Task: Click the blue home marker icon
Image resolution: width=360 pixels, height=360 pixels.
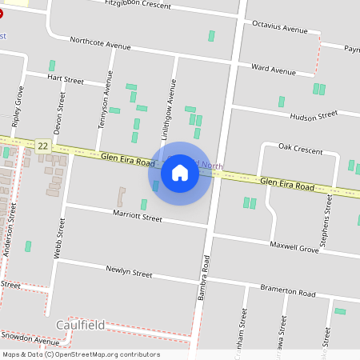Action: (180, 173)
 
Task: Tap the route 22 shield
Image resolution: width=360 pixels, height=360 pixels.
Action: (43, 146)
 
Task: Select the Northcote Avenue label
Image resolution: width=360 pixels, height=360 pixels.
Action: (100, 42)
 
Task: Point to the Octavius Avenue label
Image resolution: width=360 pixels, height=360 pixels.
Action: (279, 27)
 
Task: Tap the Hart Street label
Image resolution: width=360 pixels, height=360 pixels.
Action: (66, 80)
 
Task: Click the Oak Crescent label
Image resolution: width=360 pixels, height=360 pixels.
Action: (300, 150)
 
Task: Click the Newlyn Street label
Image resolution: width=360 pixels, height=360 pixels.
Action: (129, 273)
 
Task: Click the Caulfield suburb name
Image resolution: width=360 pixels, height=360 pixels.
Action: (81, 324)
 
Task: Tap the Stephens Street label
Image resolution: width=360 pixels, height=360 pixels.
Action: (324, 226)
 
